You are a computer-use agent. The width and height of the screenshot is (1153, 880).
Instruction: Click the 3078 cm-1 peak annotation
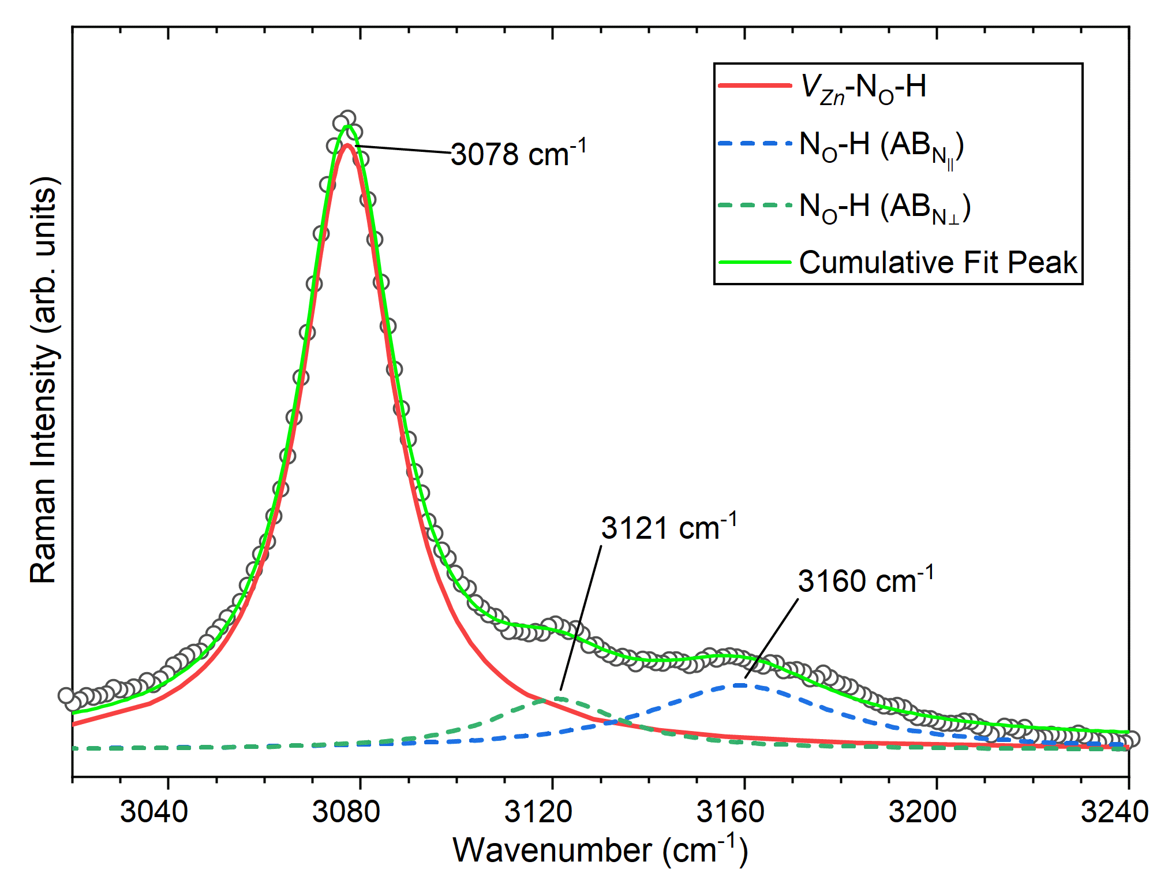click(x=518, y=154)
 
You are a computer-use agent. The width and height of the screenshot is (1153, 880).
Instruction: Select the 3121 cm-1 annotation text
click(x=668, y=528)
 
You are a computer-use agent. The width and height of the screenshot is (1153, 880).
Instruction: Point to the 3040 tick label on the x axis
click(x=154, y=811)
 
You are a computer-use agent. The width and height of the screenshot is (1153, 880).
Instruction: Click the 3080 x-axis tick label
click(x=346, y=811)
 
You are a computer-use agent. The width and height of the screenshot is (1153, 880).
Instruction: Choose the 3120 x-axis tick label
click(x=538, y=811)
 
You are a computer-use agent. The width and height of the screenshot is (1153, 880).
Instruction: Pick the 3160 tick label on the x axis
click(x=730, y=811)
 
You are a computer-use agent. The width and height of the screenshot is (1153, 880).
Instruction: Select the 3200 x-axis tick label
click(x=922, y=811)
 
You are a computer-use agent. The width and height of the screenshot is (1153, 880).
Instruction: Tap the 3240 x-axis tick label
click(x=1114, y=811)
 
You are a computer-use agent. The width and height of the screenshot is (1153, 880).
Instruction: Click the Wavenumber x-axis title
click(x=600, y=851)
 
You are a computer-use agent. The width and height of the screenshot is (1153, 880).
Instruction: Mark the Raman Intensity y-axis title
click(x=44, y=381)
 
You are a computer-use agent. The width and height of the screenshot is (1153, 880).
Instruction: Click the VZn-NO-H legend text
click(x=863, y=88)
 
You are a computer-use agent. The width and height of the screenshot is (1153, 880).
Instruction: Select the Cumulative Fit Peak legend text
click(x=938, y=263)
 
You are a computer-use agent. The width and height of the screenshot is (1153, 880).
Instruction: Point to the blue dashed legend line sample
click(x=754, y=143)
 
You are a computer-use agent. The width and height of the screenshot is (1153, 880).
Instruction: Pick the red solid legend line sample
click(x=754, y=85)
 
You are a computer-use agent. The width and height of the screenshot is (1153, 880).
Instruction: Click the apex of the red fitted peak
click(x=347, y=146)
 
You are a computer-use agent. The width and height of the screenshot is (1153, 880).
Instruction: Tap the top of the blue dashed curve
click(x=740, y=685)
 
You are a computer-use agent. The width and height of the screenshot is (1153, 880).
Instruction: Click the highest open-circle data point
click(x=347, y=118)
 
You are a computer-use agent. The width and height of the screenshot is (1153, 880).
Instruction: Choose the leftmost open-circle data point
click(x=66, y=695)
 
